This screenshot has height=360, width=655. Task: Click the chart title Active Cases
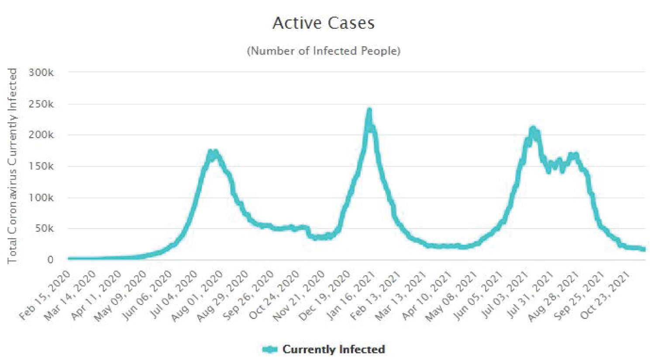(324, 23)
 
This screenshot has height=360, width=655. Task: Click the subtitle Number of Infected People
(324, 51)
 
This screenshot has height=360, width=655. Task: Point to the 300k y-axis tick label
(41, 73)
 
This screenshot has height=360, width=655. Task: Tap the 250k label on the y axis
(41, 104)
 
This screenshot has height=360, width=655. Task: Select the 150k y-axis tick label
(41, 166)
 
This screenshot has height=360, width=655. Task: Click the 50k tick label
(44, 228)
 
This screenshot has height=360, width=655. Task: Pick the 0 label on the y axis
(50, 260)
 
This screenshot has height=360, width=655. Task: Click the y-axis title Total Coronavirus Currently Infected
(12, 166)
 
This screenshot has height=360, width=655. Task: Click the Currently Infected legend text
(334, 350)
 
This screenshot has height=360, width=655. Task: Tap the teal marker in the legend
(270, 350)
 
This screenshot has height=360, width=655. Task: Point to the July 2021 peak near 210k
(532, 128)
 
